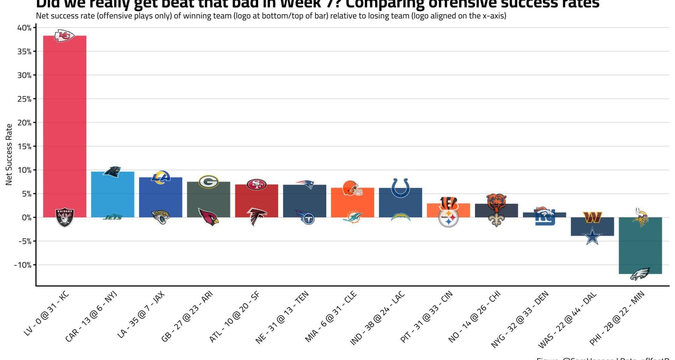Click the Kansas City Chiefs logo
point(64,36)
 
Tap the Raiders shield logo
point(65,218)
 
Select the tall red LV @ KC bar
point(65,123)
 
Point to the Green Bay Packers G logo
point(208,182)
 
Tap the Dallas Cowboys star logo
point(592,236)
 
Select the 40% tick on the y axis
point(25,28)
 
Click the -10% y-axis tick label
point(23,265)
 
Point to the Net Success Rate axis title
point(9,154)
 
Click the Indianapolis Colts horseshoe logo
point(400,188)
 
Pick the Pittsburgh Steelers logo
point(449,218)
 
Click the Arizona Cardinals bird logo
point(208,217)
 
